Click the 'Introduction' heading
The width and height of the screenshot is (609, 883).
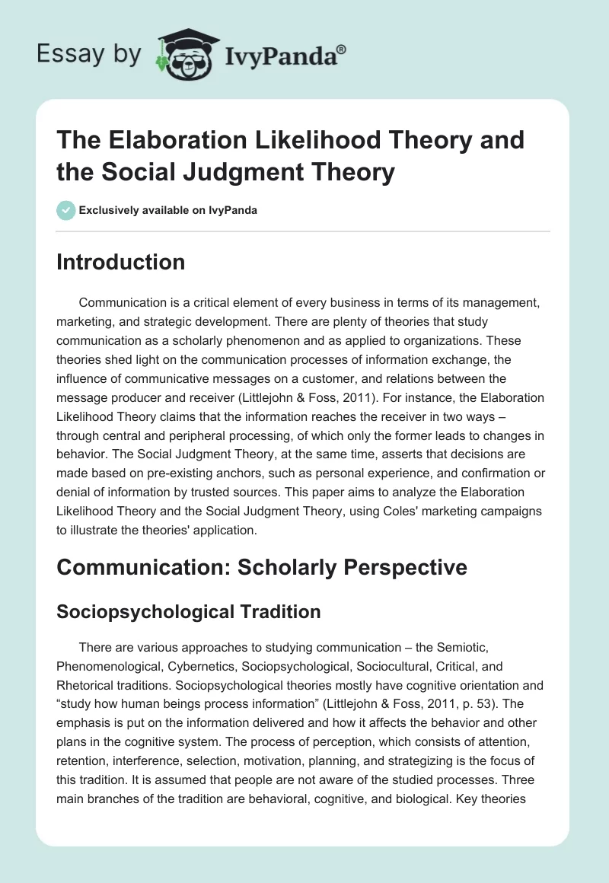pyautogui.click(x=121, y=262)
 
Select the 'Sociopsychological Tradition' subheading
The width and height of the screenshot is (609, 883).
pyautogui.click(x=189, y=611)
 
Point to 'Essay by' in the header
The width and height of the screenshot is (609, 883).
pyautogui.click(x=90, y=54)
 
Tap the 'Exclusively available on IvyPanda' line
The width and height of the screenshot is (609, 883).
pyautogui.click(x=167, y=210)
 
